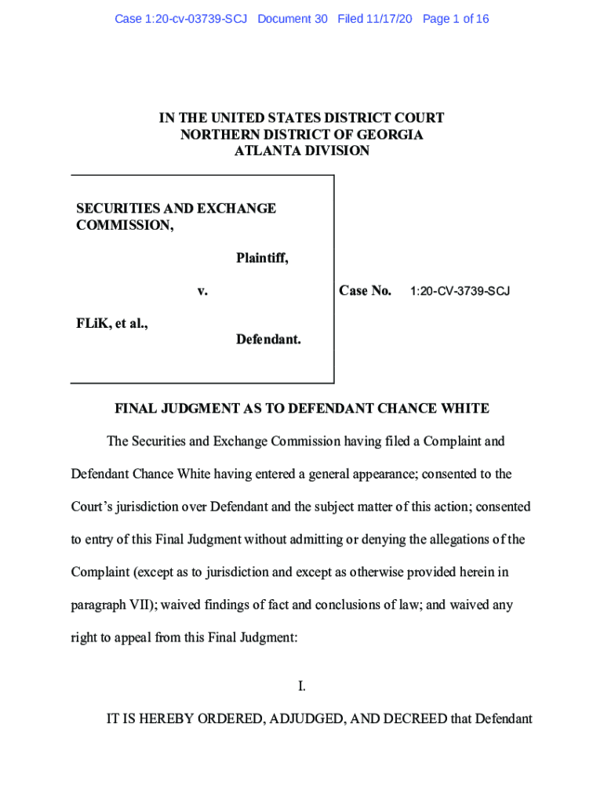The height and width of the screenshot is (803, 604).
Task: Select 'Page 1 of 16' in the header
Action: [455, 19]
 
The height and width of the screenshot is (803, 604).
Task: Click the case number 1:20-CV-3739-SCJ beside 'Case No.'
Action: [460, 292]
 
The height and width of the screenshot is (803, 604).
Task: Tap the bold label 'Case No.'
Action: [365, 291]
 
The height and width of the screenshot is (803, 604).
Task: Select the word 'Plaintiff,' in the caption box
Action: [262, 258]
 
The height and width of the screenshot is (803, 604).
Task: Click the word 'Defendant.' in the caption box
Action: [268, 340]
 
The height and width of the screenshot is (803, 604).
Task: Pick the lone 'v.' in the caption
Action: [202, 291]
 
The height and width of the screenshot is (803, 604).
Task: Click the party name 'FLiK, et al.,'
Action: [112, 322]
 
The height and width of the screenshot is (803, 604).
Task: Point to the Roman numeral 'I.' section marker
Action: [302, 687]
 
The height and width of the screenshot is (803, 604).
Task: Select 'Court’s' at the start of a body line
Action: [93, 507]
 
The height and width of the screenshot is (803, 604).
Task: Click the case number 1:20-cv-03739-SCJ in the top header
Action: [180, 19]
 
